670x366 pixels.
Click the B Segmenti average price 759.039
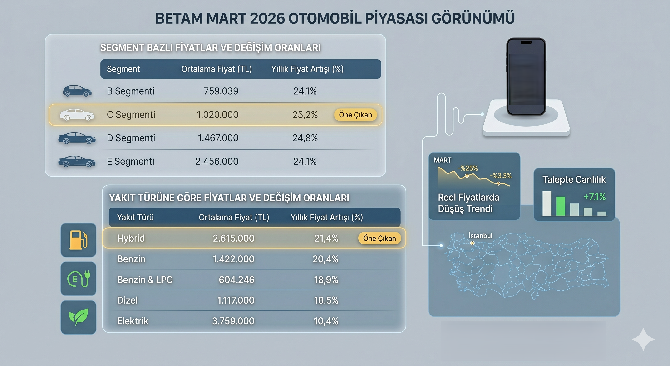tap(221, 91)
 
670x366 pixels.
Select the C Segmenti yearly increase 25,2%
tap(305, 115)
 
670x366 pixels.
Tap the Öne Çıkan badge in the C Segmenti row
tap(355, 115)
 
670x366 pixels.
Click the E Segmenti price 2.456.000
tap(217, 162)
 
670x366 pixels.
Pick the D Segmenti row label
tap(131, 138)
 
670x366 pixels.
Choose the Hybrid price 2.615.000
tap(233, 238)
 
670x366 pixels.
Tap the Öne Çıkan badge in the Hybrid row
tap(379, 238)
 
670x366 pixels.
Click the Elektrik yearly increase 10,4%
tap(326, 321)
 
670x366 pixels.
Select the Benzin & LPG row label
tap(145, 280)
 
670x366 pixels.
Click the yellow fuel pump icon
tap(78, 240)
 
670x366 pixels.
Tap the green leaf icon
tap(78, 317)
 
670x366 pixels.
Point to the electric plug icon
tap(78, 279)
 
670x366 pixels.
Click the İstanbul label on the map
tap(480, 236)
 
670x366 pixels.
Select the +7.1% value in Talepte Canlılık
tap(595, 197)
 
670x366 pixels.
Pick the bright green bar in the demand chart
tap(561, 206)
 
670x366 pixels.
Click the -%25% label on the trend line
tap(468, 168)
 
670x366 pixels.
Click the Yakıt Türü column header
tap(135, 217)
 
